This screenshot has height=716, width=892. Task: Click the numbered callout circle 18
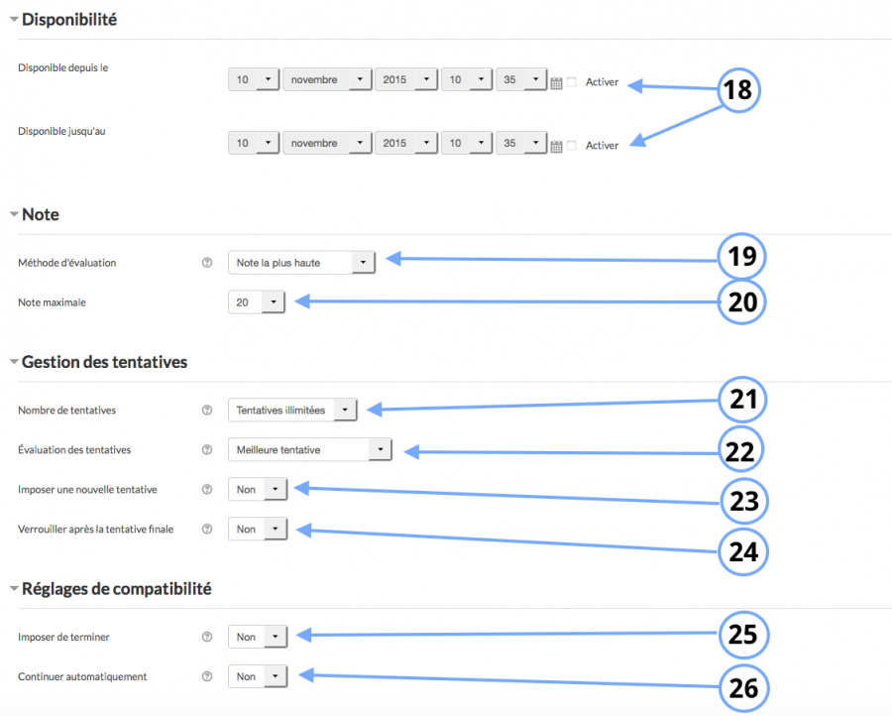[x=738, y=90]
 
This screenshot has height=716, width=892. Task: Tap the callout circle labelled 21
[x=743, y=400]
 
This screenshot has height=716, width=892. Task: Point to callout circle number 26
[x=743, y=685]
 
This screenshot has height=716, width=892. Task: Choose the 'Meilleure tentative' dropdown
[x=309, y=449]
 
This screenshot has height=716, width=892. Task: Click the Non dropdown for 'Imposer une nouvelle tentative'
[x=258, y=489]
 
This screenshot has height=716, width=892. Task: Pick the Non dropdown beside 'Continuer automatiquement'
[x=258, y=676]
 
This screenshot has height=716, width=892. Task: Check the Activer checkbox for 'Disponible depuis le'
[x=572, y=82]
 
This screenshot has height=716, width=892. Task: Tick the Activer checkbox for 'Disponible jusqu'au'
[x=572, y=146]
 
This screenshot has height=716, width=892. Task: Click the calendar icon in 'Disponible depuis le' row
[x=556, y=82]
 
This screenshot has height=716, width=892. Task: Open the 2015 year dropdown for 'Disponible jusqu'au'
[x=406, y=144]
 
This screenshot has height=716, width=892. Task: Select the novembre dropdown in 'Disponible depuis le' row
[x=327, y=80]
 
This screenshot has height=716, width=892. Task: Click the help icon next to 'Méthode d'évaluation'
[x=207, y=263]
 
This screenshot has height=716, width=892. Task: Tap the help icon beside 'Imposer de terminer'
[x=207, y=637]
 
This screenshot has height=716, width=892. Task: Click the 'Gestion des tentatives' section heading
[x=104, y=362]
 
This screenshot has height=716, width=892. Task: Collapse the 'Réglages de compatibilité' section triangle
[x=13, y=588]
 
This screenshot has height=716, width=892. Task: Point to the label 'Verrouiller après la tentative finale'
[x=96, y=529]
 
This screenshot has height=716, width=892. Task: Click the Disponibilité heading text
[x=69, y=18]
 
